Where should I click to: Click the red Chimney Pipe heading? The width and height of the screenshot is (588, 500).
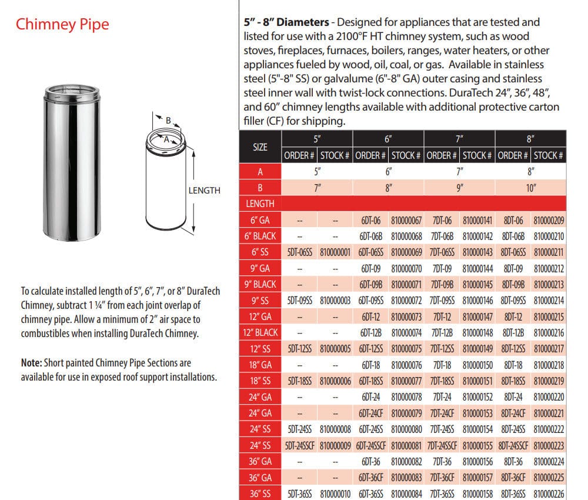pos(62,24)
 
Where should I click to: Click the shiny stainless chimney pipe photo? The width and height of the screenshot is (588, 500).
pos(72,162)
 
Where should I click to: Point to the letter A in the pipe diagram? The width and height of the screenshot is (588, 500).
pos(166,139)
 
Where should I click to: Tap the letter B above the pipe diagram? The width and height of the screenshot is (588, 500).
pos(168,121)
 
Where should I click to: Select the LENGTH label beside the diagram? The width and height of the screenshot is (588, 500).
pos(205,191)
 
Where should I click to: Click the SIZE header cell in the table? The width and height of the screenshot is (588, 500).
pos(260,147)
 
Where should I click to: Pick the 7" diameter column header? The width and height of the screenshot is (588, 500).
pos(459,139)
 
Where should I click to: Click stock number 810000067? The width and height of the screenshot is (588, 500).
pos(406,221)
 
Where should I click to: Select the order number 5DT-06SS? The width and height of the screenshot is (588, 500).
pos(300,252)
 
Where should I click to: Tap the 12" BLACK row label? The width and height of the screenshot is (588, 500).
pos(260,333)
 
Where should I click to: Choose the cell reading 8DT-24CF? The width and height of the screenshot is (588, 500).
pos(513,414)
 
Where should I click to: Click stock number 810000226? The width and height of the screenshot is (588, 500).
pos(549,494)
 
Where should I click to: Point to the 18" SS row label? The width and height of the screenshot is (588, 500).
pos(260,381)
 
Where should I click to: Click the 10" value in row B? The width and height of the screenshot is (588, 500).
pos(530,188)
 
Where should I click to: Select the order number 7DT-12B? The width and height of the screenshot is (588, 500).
pos(442,333)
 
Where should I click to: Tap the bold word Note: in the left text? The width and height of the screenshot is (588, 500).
pos(32,363)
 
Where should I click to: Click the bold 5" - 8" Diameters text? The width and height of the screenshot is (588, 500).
pos(286,22)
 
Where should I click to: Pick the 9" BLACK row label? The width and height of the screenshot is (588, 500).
pos(260,284)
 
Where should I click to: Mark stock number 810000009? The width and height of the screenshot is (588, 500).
pos(335,446)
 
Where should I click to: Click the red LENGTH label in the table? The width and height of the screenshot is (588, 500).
pos(260,204)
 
